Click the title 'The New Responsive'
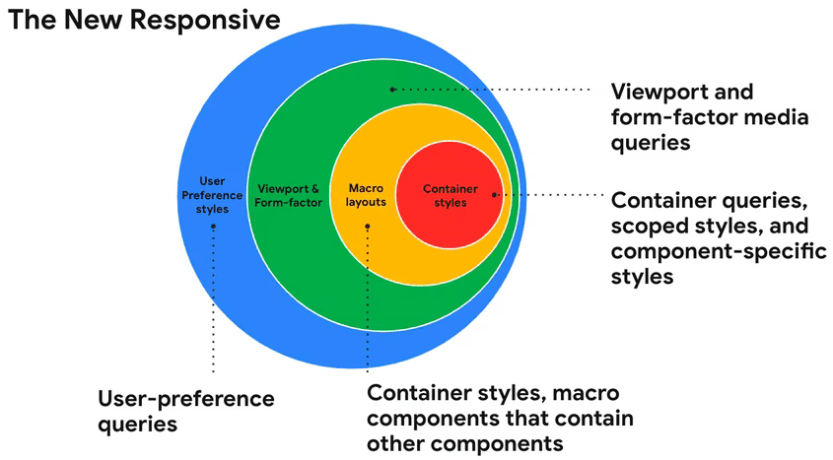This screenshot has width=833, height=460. pyautogui.click(x=144, y=20)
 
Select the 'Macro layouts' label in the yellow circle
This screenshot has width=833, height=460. pyautogui.click(x=366, y=195)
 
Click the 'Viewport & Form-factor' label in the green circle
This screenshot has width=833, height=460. pyautogui.click(x=288, y=196)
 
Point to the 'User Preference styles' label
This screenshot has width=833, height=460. pyautogui.click(x=212, y=195)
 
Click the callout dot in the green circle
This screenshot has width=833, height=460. pyautogui.click(x=392, y=90)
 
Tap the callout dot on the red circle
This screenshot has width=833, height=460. pyautogui.click(x=494, y=195)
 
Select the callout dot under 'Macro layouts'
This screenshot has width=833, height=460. pyautogui.click(x=367, y=227)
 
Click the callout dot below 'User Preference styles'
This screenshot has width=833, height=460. pyautogui.click(x=213, y=227)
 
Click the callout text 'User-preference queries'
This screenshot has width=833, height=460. pyautogui.click(x=186, y=412)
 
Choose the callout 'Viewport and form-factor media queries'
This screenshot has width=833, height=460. pyautogui.click(x=710, y=117)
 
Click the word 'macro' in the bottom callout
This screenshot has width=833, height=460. pyautogui.click(x=586, y=394)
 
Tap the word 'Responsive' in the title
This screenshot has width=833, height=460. pyautogui.click(x=205, y=20)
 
